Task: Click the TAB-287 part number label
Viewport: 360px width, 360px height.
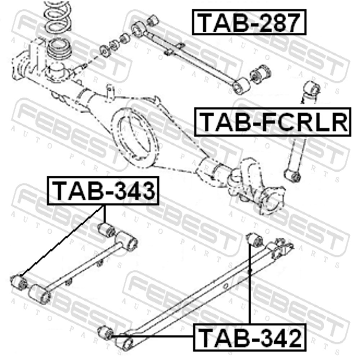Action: [249, 22]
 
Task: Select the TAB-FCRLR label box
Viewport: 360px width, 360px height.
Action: [273, 122]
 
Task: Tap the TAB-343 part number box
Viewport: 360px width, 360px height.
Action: [103, 190]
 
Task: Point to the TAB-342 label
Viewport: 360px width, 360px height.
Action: [249, 337]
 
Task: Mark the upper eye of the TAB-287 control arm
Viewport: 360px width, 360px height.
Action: [139, 29]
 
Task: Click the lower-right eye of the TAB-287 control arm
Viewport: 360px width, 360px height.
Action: [241, 86]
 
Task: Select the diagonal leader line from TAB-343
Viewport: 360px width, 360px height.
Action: [62, 240]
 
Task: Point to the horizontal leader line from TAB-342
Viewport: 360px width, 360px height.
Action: [153, 336]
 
